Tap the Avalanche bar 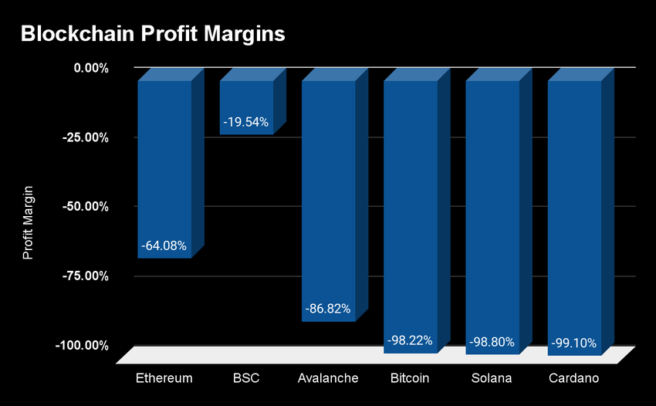pos(328,193)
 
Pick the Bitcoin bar pos(410,208)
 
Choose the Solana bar pos(492,208)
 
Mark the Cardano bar pos(574,208)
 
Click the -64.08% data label pos(164,246)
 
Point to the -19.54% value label pos(246,122)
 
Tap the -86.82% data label pos(328,309)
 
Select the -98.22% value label pos(410,340)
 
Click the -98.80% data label pos(492,340)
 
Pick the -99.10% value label pos(574,341)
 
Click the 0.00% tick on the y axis pos(91,68)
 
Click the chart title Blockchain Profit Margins pos(153,34)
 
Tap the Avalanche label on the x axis pos(328,378)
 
